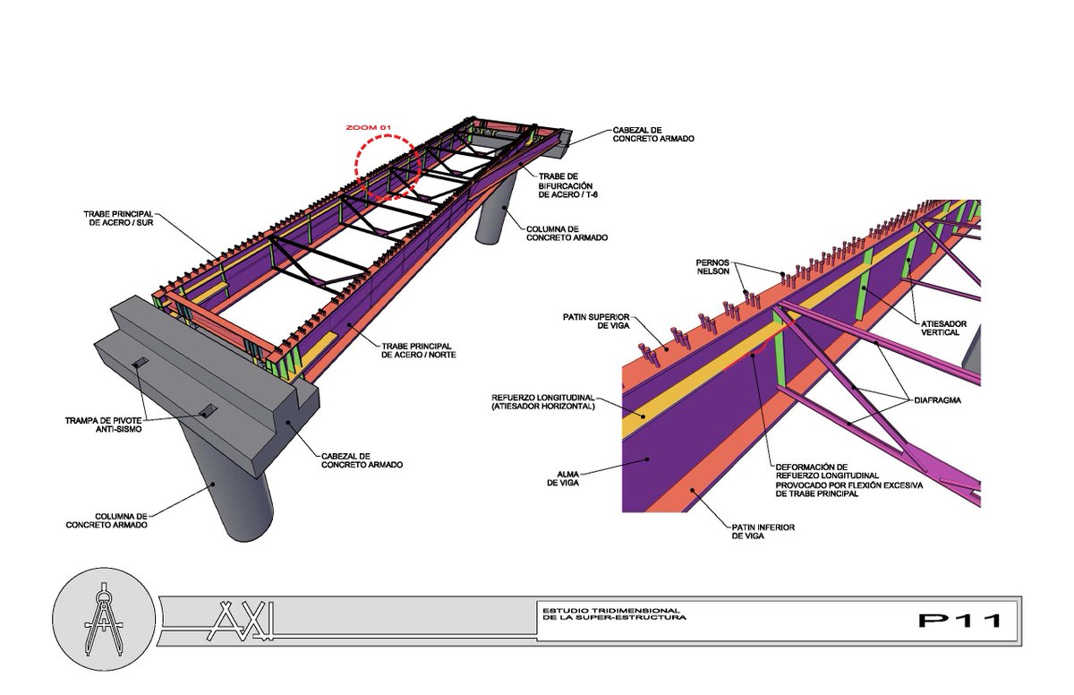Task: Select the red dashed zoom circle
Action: (387, 166)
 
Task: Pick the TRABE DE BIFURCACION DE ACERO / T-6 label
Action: (573, 185)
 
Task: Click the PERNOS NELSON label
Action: (712, 267)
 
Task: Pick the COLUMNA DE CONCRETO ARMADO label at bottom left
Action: (107, 520)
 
